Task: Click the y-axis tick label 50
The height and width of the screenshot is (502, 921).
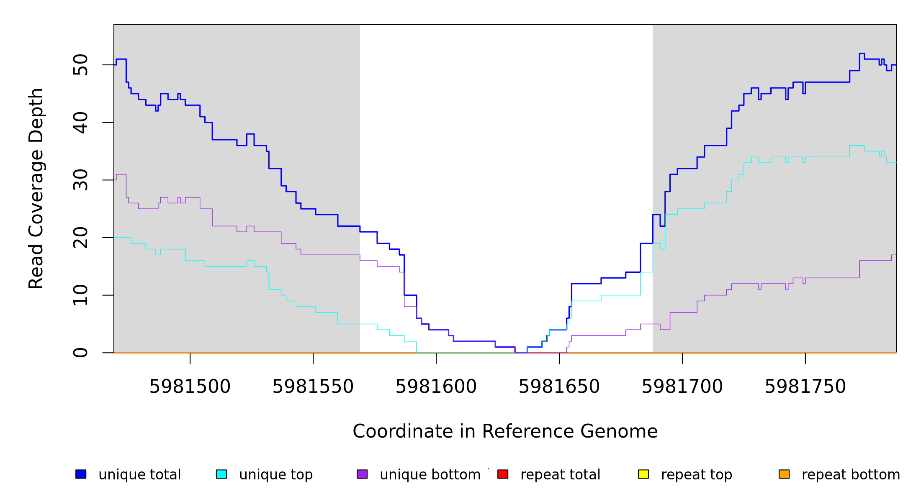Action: (80, 65)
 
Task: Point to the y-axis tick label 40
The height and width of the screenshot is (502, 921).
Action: (80, 123)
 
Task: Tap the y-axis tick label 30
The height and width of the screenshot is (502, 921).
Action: (80, 180)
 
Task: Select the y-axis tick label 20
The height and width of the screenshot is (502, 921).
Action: (80, 238)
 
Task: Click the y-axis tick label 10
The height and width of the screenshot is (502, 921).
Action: (80, 295)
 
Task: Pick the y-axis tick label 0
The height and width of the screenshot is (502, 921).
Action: (80, 353)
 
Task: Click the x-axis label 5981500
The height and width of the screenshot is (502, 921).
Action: (190, 387)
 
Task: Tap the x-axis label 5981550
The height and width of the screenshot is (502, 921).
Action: (313, 387)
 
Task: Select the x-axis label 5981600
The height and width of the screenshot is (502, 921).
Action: (436, 387)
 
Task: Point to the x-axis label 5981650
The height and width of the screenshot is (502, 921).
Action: (559, 387)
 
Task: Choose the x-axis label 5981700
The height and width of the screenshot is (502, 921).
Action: (682, 387)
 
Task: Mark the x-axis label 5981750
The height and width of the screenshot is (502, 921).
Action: (805, 387)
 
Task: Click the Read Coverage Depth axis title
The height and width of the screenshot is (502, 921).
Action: (36, 188)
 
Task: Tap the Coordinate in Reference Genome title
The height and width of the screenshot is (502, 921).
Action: (505, 431)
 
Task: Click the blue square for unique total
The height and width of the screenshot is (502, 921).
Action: (81, 474)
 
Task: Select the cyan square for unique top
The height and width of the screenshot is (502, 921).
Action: (221, 474)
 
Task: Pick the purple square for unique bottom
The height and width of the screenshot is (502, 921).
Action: (362, 474)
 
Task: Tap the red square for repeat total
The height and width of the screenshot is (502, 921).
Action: (503, 474)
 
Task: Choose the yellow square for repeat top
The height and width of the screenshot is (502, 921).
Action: (643, 474)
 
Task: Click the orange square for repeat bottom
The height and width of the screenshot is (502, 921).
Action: (784, 474)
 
